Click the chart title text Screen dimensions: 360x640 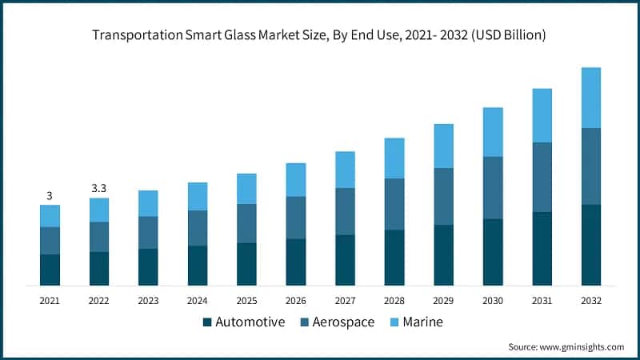tap(320, 34)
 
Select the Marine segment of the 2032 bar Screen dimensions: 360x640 tap(590, 98)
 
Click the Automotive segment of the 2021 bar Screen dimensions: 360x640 tap(50, 270)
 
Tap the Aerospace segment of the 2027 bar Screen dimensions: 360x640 tap(345, 211)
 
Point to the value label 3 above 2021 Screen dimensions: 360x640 tap(50, 196)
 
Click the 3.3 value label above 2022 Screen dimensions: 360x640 tap(99, 188)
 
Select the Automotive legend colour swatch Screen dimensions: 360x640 tap(208, 322)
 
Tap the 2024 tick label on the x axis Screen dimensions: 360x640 tap(197, 300)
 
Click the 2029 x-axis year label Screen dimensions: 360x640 tap(443, 300)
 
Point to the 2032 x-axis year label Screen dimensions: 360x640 tap(590, 300)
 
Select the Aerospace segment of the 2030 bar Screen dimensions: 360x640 tap(493, 187)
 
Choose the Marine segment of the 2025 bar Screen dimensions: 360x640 tap(246, 189)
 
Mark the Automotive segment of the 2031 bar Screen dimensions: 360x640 tap(542, 248)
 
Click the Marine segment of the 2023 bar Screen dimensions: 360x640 tap(148, 203)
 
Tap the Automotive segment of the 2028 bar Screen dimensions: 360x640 tap(394, 258)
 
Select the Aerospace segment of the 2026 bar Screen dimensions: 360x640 tap(296, 218)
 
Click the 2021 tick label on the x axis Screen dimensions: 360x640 tap(50, 300)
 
